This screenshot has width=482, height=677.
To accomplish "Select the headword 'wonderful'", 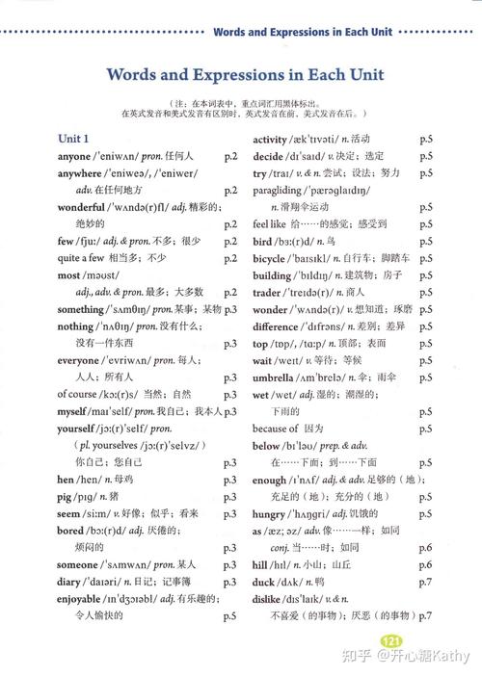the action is (x=81, y=207).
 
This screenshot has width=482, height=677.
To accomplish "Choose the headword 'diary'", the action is (x=69, y=582).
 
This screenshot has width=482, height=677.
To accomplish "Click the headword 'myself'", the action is (x=75, y=411).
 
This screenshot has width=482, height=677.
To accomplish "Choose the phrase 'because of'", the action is (x=275, y=429).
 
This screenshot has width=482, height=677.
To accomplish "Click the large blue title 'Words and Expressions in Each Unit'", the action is (x=245, y=75).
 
